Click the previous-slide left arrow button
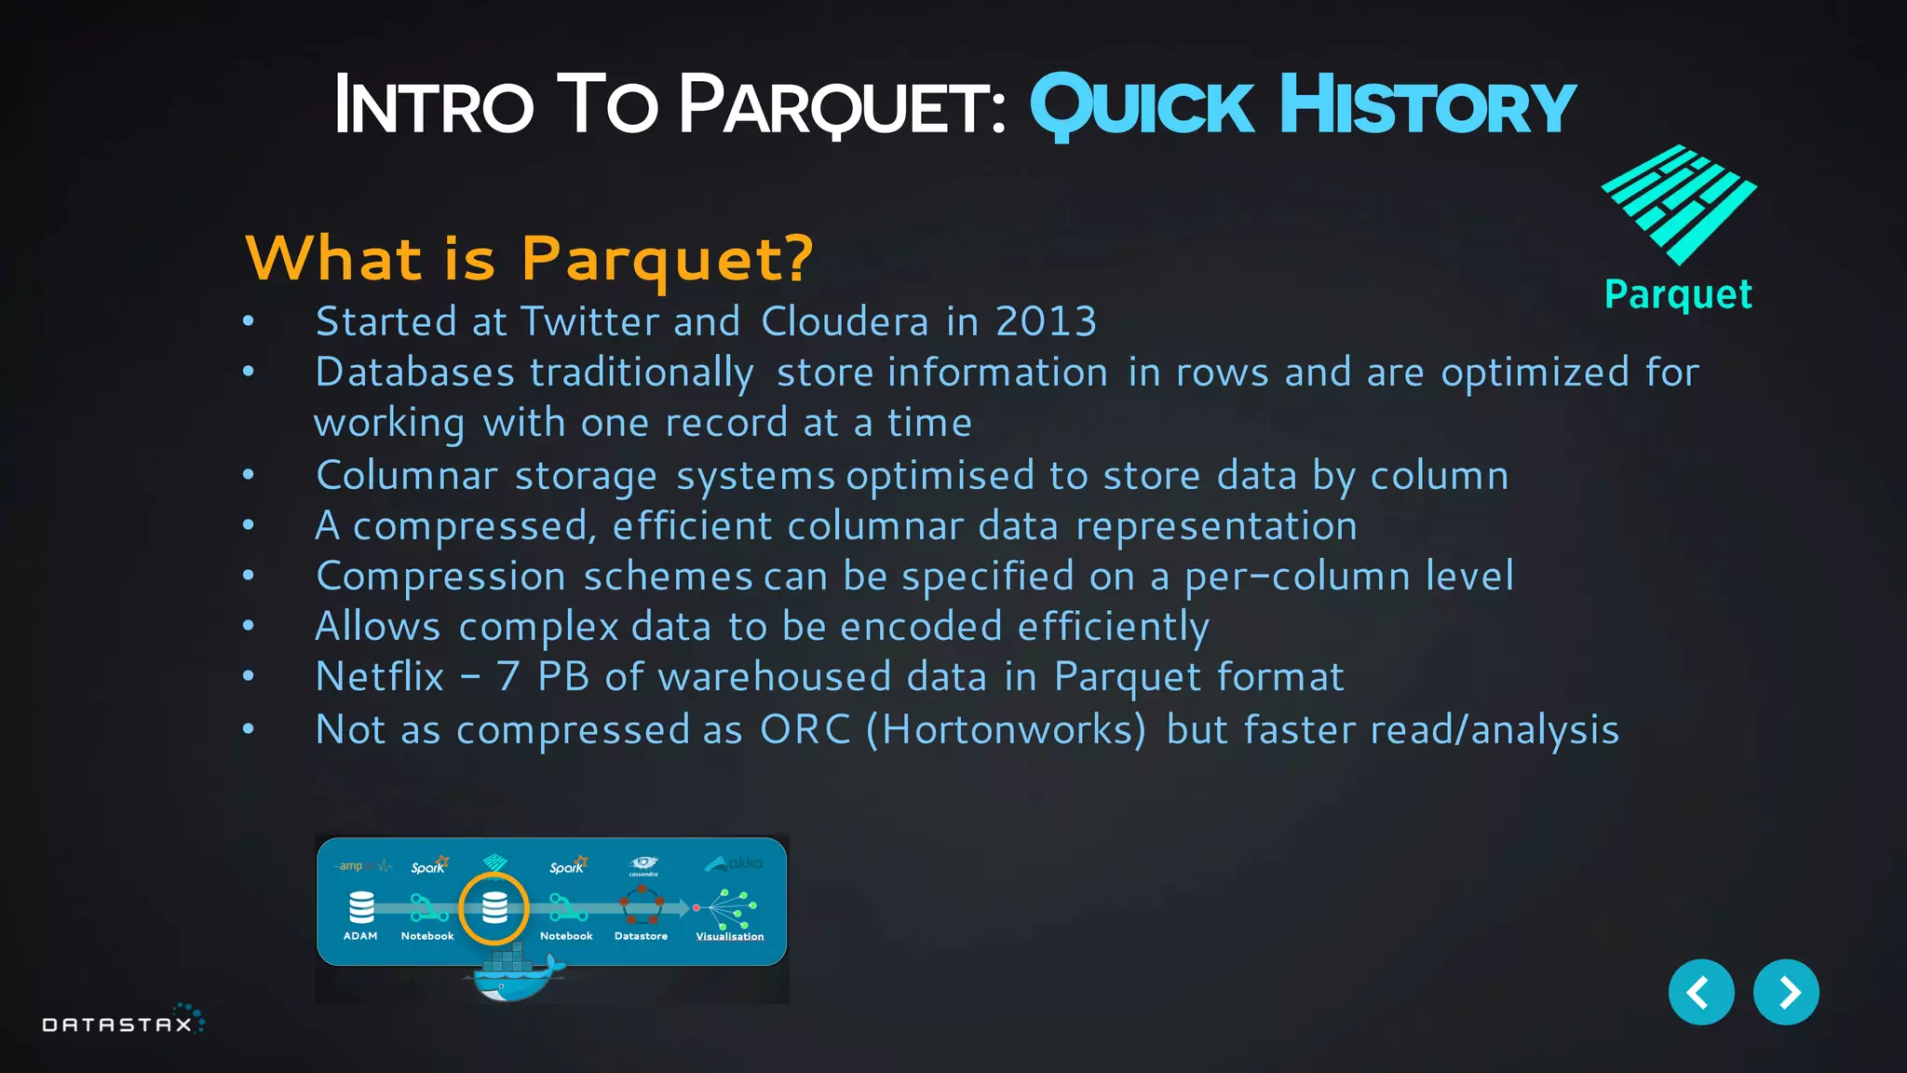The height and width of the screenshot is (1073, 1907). point(1700,992)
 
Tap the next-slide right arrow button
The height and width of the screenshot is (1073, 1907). point(1785,992)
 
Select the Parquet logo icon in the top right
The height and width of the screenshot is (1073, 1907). point(1678,204)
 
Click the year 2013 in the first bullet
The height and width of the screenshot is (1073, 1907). point(1046,321)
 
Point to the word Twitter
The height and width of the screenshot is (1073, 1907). point(589,321)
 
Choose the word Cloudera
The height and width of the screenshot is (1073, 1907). point(845,321)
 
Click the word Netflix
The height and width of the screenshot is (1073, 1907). point(380,676)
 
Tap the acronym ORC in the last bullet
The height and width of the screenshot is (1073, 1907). point(805,729)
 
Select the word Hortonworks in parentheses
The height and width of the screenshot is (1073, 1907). point(1007,729)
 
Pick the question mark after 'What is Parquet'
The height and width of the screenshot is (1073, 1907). point(800,258)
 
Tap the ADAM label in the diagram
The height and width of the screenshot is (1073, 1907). point(360,936)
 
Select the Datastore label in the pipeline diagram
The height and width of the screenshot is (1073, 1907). point(641,936)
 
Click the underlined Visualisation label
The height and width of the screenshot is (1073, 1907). point(730,936)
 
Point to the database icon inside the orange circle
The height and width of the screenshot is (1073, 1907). point(494,907)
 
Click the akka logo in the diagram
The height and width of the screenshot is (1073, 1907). point(735,864)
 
